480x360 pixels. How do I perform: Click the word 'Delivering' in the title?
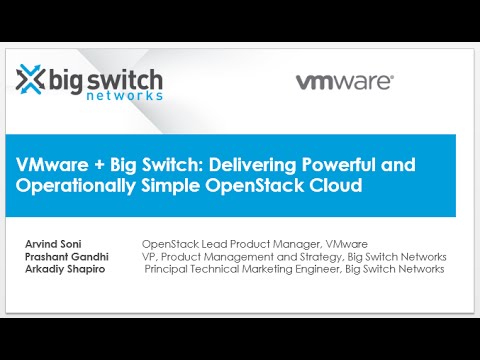(x=254, y=164)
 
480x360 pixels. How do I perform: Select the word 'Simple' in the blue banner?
(x=164, y=185)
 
